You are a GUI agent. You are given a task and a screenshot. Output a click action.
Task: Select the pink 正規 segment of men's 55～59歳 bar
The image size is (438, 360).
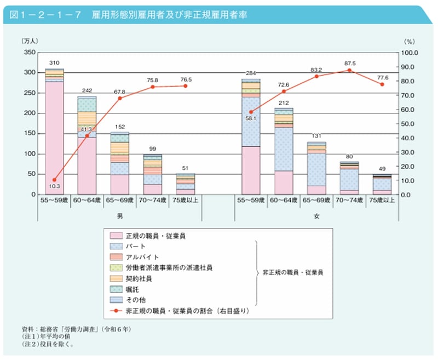(x=54, y=137)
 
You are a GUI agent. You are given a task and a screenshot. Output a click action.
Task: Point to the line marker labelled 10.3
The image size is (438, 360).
(x=54, y=180)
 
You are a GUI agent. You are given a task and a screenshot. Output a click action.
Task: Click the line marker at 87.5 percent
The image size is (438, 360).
(x=349, y=70)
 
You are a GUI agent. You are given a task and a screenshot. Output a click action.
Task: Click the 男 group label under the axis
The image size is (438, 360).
(x=120, y=216)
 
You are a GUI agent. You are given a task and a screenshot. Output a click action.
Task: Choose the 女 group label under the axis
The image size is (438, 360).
(x=316, y=216)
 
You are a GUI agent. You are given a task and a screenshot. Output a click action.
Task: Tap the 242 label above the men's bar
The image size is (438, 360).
(x=87, y=90)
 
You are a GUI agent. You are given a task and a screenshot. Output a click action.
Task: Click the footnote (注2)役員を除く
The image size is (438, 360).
(x=47, y=345)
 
